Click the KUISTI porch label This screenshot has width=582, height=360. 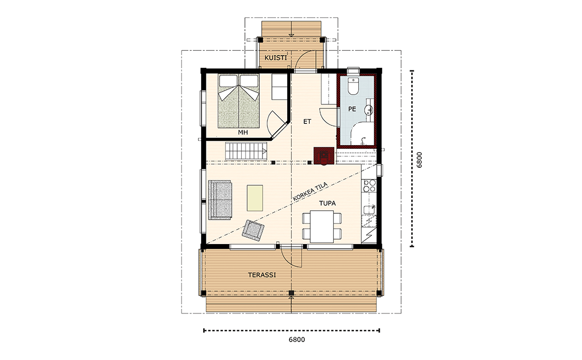point(276,58)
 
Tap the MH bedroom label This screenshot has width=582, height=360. point(243,132)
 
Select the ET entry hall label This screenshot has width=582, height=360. point(307,121)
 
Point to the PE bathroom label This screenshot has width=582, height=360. point(352,109)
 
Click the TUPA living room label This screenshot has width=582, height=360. point(328,203)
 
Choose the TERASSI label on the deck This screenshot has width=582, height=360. point(262,275)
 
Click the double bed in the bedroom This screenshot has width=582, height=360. point(238,101)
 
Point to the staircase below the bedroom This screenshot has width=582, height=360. point(245,151)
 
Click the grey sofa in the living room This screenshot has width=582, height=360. point(221,200)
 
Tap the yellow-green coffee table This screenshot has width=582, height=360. point(255,198)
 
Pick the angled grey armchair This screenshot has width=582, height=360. point(253,229)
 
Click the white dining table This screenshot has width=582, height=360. point(322,226)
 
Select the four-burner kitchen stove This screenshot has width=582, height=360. point(369,185)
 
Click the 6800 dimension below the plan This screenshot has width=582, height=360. point(297,339)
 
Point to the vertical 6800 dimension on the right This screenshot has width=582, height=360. point(419,160)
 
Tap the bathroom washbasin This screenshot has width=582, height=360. point(369,109)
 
